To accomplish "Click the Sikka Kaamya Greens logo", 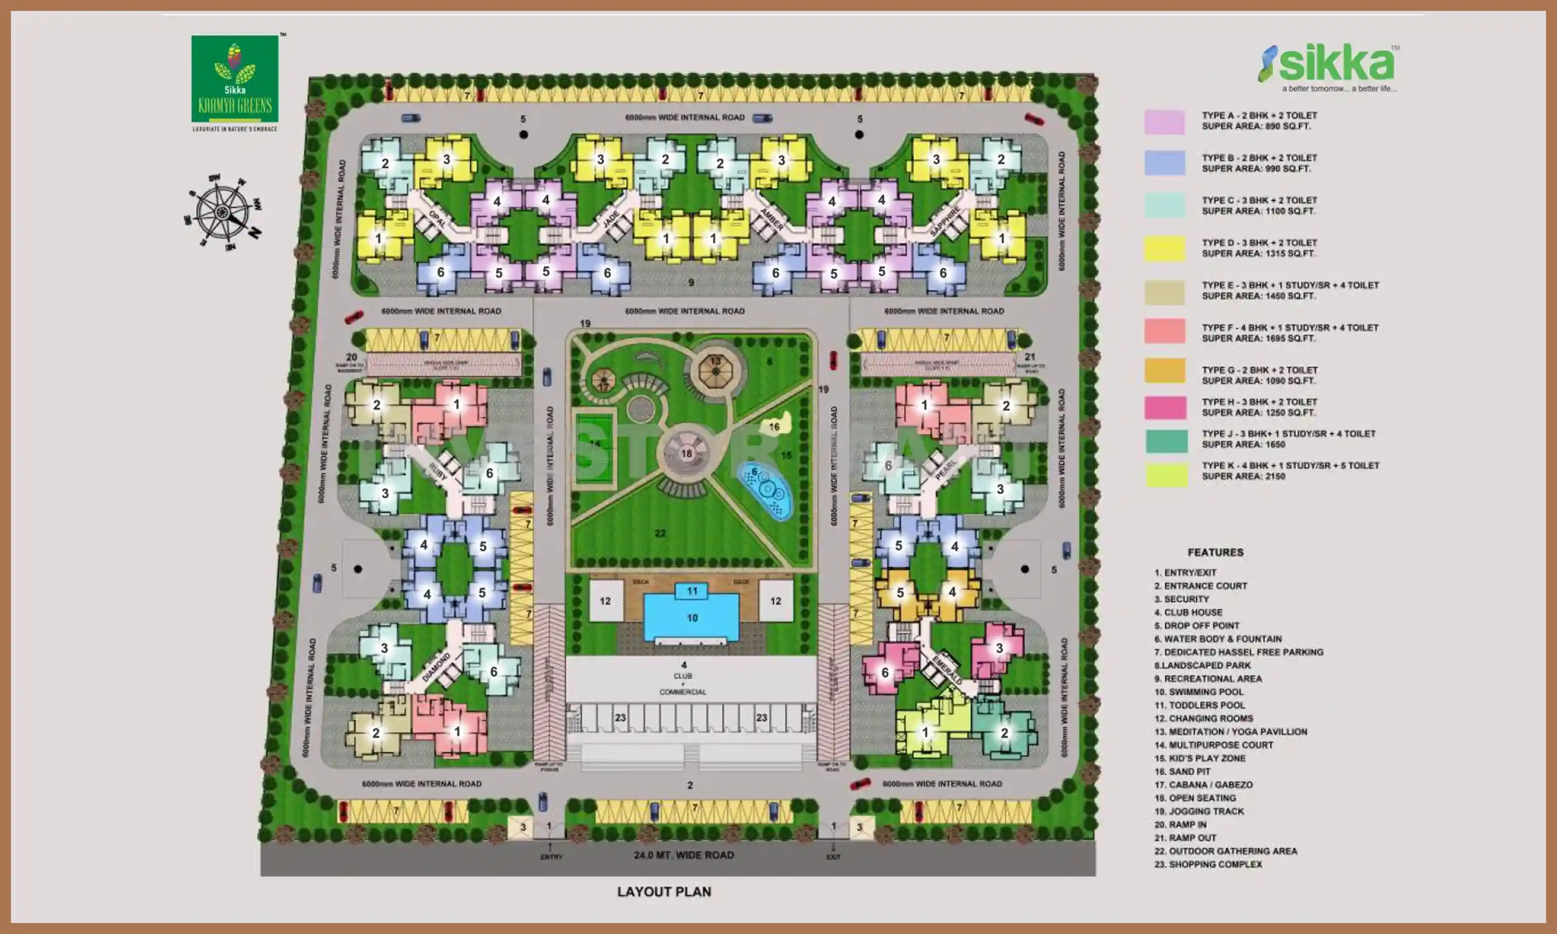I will tap(235, 80).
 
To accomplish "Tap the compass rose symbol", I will tap(223, 212).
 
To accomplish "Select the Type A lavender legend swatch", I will tap(1164, 121).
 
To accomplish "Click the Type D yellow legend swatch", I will tap(1164, 249).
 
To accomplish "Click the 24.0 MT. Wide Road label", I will tap(684, 855).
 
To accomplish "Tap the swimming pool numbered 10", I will tap(691, 618).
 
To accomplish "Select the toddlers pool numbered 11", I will tap(692, 591).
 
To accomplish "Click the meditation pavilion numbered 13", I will tap(715, 369).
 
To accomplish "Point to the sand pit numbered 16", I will tap(775, 425).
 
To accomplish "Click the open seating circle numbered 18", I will tap(686, 453).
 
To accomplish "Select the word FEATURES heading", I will tap(1215, 553).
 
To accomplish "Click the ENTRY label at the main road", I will tap(551, 857).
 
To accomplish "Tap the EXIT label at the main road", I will tap(833, 857).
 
